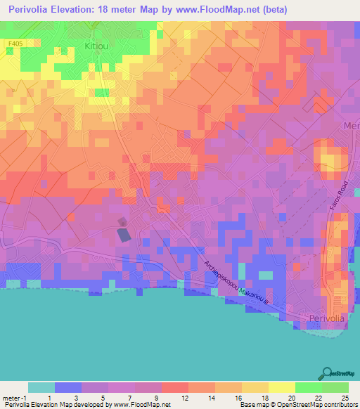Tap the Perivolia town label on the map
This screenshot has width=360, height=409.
327,318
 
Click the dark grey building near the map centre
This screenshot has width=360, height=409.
123,234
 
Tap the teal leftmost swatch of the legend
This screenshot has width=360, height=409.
41,387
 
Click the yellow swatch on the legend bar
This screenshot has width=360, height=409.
282,387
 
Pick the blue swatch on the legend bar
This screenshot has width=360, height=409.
68,387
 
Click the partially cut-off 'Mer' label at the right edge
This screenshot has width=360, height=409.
351,125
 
